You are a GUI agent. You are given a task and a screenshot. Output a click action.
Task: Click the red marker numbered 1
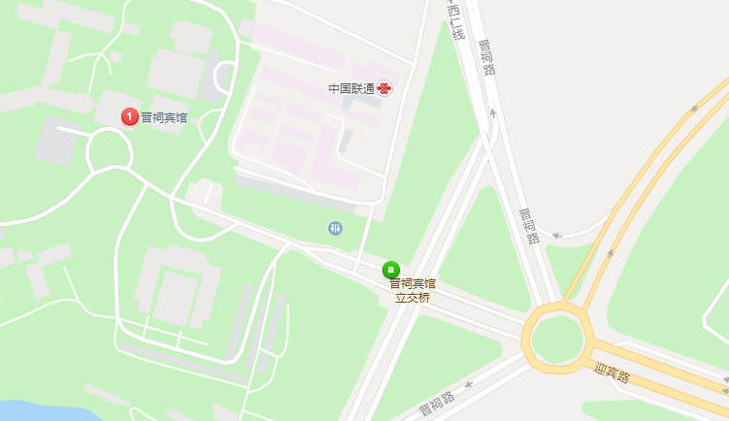tap(129, 116)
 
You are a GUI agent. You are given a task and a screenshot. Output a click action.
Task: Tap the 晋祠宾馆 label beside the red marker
tap(164, 117)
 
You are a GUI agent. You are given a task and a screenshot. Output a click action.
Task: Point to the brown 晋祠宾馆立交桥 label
tap(413, 291)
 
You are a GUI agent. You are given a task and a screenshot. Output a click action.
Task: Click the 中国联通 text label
tap(351, 88)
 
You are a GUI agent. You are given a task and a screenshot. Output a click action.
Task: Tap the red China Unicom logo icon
tap(385, 88)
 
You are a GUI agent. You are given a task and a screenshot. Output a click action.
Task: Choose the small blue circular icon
tap(335, 228)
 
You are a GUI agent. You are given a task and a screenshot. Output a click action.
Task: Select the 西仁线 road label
tap(456, 21)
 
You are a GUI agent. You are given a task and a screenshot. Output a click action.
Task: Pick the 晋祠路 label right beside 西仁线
tap(487, 56)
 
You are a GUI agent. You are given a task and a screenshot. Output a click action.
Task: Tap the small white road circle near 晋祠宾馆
tap(109, 151)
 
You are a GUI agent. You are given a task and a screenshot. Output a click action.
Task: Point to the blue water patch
tap(29, 410)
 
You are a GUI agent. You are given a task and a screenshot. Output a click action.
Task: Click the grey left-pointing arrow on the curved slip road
tap(557, 235)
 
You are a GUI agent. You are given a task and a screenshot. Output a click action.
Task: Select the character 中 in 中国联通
tap(334, 88)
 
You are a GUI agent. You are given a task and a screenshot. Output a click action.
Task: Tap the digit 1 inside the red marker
tap(129, 116)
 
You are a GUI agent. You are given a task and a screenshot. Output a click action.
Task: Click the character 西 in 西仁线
tap(452, 10)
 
